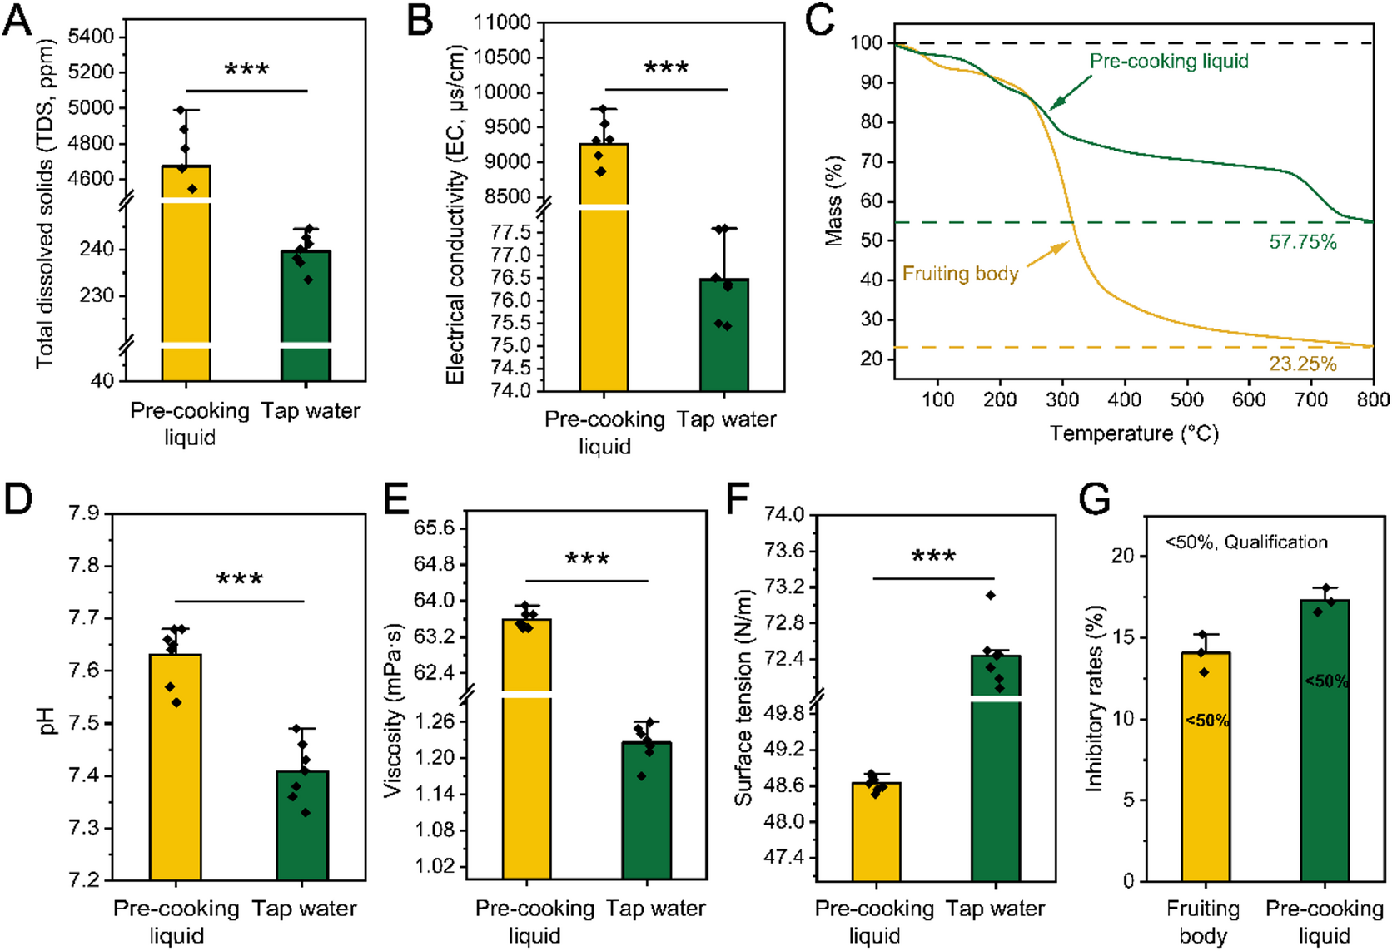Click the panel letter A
click(x=17, y=20)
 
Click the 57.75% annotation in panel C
click(x=1302, y=242)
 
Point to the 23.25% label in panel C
click(x=1302, y=364)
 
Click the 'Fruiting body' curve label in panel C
click(x=960, y=274)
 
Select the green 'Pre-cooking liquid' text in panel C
click(x=1169, y=61)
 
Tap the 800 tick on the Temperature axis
click(x=1372, y=400)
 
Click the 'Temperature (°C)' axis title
click(x=1133, y=433)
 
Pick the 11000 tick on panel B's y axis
click(x=502, y=22)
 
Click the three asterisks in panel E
click(x=587, y=559)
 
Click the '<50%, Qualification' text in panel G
click(x=1245, y=542)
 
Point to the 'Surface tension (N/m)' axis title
click(x=743, y=697)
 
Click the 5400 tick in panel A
click(x=91, y=37)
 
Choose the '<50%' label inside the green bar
click(x=1325, y=681)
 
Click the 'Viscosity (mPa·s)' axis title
click(x=392, y=710)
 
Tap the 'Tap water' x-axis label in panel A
click(x=311, y=411)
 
